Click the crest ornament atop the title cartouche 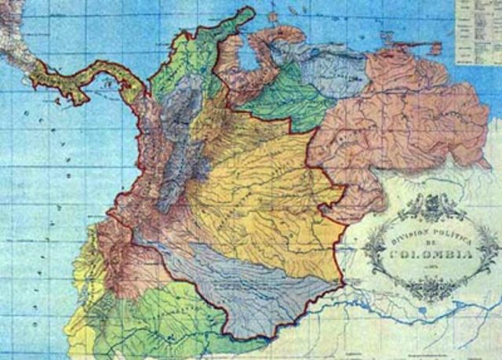(x=430, y=206)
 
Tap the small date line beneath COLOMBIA (x=430, y=267)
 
